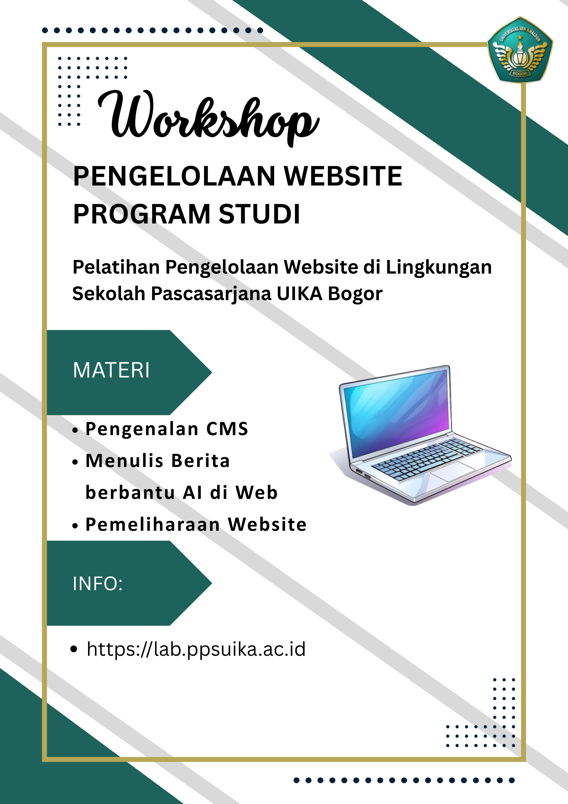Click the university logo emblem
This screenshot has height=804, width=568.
point(520,50)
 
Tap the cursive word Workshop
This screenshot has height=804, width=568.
point(208,117)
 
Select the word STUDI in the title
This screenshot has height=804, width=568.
point(259,214)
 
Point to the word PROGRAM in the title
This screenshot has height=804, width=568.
point(142,214)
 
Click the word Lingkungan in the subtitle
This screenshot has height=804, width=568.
point(438,267)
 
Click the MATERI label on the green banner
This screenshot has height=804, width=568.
point(111,370)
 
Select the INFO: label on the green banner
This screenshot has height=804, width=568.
point(98,583)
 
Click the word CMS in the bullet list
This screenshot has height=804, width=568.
point(227,429)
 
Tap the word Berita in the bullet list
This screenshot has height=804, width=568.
point(200,461)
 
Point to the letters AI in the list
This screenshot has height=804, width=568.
point(193,493)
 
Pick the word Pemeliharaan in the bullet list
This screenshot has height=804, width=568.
point(153,525)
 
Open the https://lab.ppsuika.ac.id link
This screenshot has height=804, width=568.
point(196,649)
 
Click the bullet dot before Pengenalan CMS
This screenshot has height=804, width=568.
point(75,430)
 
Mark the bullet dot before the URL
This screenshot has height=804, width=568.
point(74,649)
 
